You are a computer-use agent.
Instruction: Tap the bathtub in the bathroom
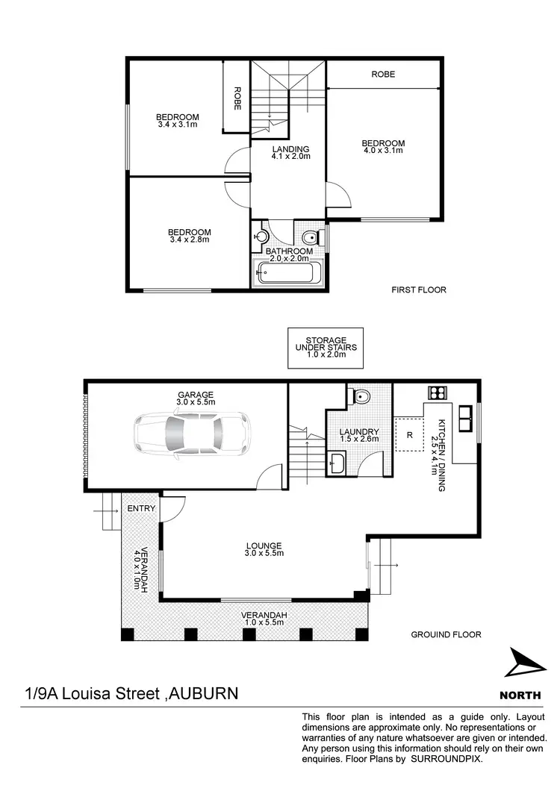click(x=287, y=274)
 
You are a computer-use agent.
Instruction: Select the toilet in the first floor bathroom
click(x=312, y=238)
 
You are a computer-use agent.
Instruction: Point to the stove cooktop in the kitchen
click(x=437, y=393)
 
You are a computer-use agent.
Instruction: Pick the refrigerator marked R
click(x=409, y=434)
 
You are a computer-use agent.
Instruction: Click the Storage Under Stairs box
click(x=326, y=348)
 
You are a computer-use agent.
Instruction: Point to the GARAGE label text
click(x=196, y=395)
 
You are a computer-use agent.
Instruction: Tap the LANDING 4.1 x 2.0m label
click(x=290, y=153)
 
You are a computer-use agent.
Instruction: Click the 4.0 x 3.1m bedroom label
click(x=383, y=147)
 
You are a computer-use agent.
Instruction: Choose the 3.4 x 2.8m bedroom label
click(x=189, y=236)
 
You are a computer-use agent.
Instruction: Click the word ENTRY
click(x=141, y=508)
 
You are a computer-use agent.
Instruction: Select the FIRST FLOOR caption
click(x=419, y=290)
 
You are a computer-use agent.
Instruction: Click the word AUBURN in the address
click(x=204, y=694)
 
